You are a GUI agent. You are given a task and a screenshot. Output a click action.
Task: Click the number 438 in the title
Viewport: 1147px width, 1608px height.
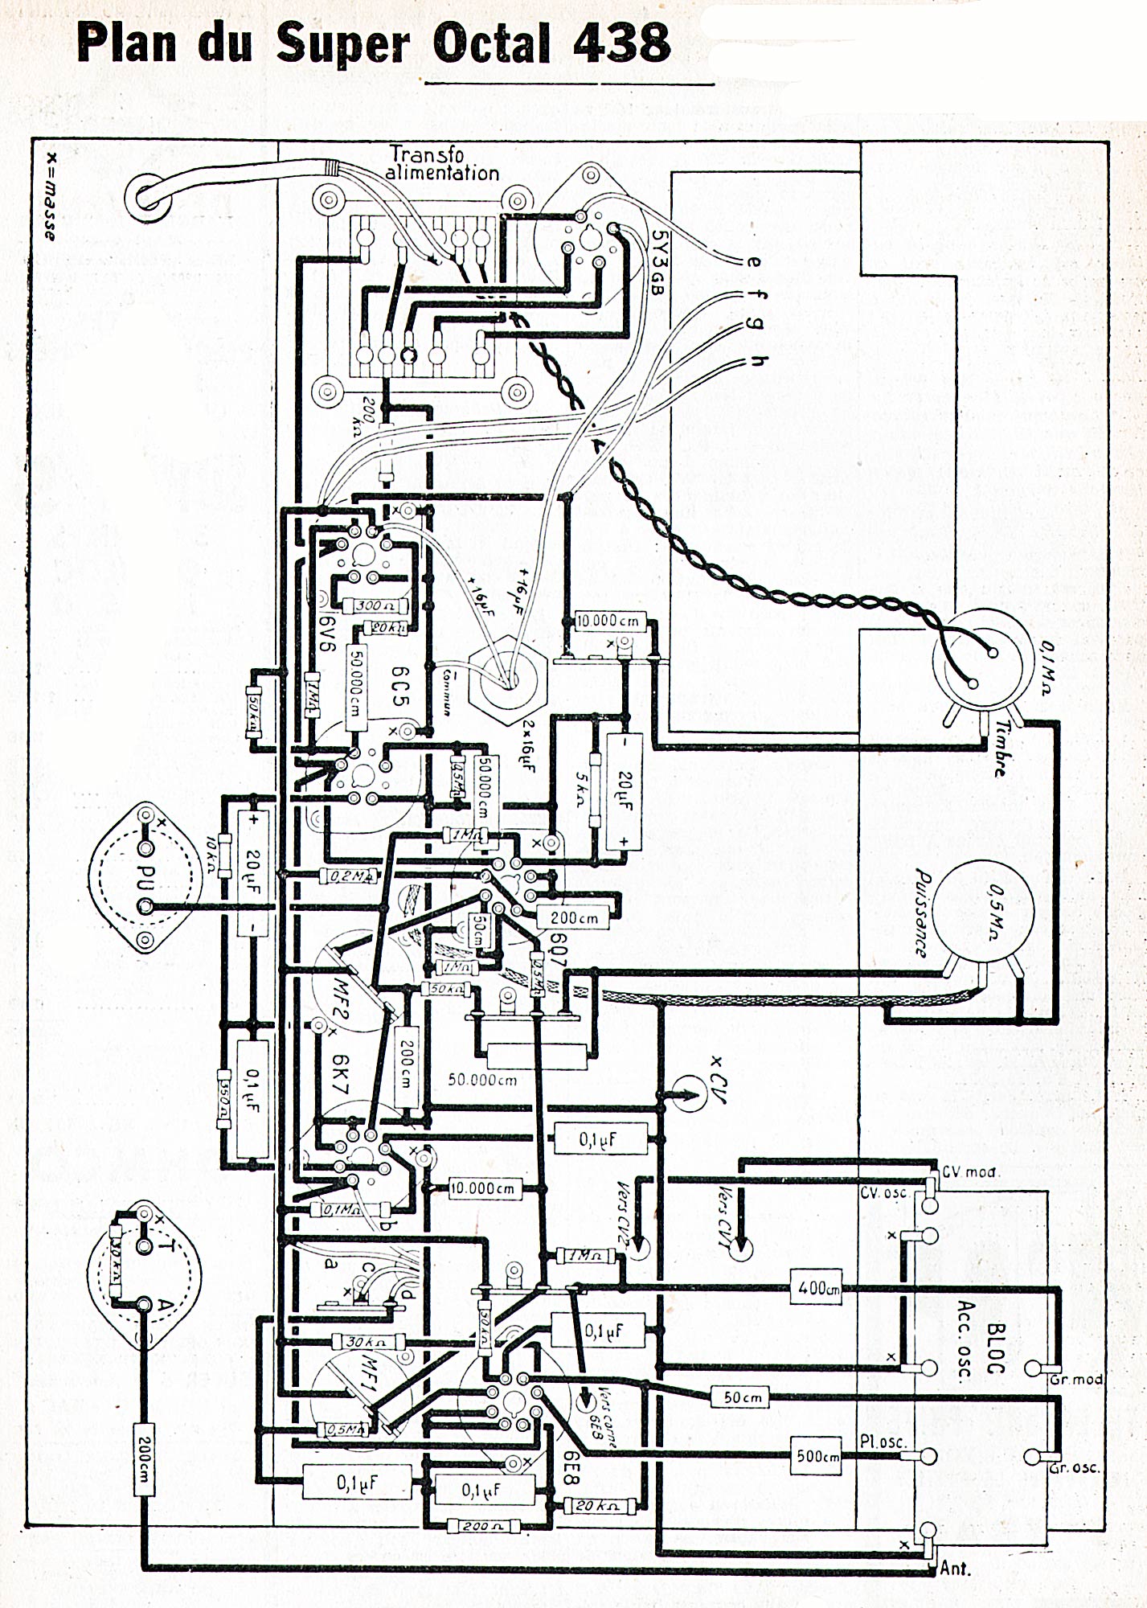click(621, 43)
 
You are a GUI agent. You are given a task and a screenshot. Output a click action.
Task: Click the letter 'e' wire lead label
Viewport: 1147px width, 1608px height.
click(753, 261)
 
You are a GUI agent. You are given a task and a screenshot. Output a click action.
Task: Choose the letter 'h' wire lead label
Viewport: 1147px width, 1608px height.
click(757, 361)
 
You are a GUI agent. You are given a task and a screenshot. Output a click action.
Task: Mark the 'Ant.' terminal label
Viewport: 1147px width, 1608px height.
click(955, 1567)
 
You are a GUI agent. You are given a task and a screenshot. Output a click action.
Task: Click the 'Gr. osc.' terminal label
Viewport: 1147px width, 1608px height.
click(1075, 1468)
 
